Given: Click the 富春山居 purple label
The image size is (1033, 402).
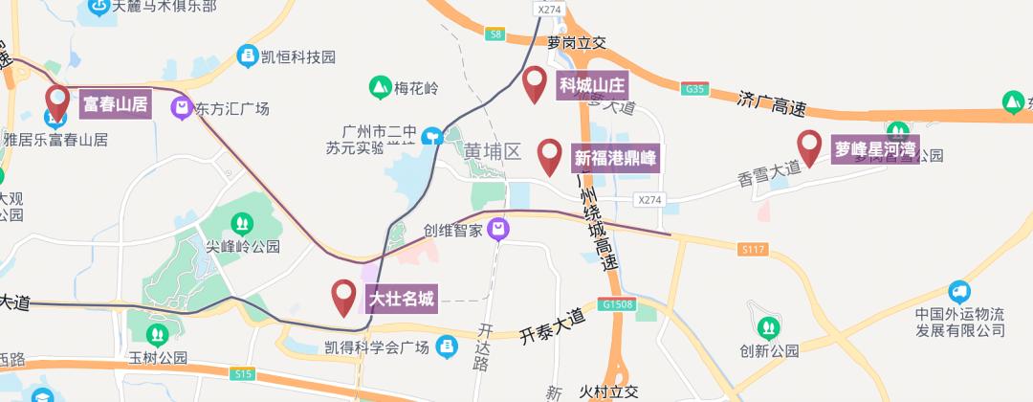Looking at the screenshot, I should pyautogui.click(x=115, y=103).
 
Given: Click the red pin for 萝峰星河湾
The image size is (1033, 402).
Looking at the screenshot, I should pyautogui.click(x=810, y=147).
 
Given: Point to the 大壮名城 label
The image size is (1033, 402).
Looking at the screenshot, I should pyautogui.click(x=402, y=300).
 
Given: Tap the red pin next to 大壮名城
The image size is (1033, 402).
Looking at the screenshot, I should pyautogui.click(x=343, y=298).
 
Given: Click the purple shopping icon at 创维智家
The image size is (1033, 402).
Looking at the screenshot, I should pyautogui.click(x=497, y=230).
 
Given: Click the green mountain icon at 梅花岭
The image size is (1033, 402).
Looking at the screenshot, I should pyautogui.click(x=381, y=88).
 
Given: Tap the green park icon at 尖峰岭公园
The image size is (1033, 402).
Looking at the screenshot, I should pyautogui.click(x=242, y=224).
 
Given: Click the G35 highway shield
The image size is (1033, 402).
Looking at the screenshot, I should pyautogui.click(x=695, y=89).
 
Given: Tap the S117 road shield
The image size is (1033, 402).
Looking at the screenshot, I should pyautogui.click(x=754, y=249).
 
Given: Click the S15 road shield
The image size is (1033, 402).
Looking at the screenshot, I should pyautogui.click(x=243, y=374).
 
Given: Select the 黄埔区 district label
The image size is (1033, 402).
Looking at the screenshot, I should pyautogui.click(x=493, y=152).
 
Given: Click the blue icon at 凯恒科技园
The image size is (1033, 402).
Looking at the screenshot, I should pyautogui.click(x=247, y=56).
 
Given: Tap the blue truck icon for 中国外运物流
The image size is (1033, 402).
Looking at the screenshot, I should pyautogui.click(x=958, y=291).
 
